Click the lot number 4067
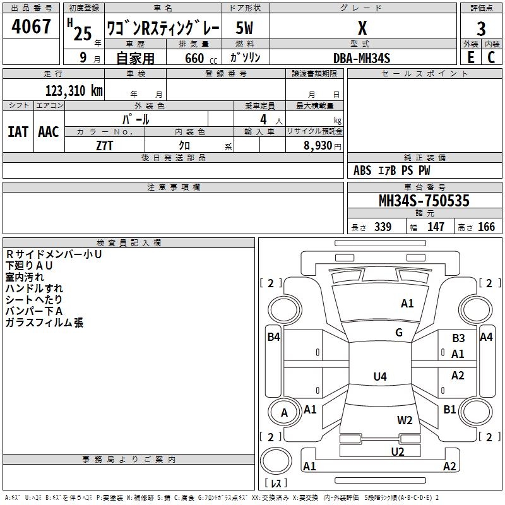(32, 27)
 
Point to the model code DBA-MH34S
(362, 58)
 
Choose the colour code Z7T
(105, 145)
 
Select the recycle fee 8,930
(314, 146)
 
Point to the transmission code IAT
(18, 132)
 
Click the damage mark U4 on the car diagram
(379, 377)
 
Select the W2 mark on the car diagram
(405, 420)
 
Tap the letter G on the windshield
(399, 333)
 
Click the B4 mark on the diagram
(273, 337)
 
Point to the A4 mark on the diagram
(486, 337)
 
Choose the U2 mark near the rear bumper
(398, 451)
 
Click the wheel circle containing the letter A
(284, 413)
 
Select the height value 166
(486, 227)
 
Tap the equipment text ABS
(363, 170)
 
